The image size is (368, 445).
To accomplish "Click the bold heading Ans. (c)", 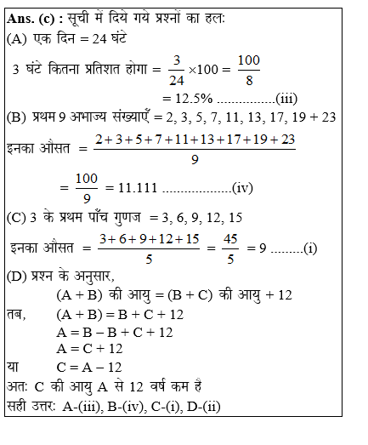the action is [x=33, y=19].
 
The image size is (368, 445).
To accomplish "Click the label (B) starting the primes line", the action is [x=15, y=119].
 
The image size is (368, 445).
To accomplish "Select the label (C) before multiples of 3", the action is [x=15, y=218].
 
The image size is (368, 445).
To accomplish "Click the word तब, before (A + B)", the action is [x=17, y=314].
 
